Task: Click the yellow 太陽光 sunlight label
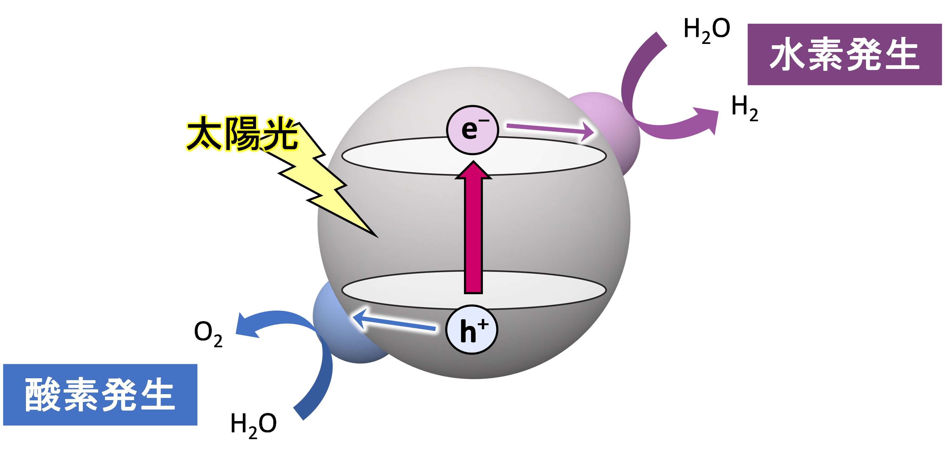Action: coord(241,133)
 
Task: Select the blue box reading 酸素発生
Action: coord(100,395)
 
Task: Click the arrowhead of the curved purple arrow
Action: coord(706,119)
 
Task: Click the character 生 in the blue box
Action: coord(157,395)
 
